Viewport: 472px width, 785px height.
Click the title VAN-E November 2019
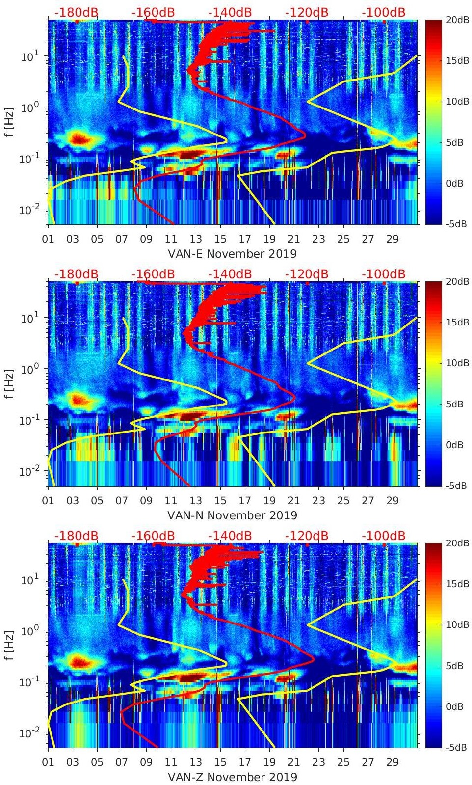pyautogui.click(x=232, y=253)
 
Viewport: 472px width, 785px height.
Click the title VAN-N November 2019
pyautogui.click(x=232, y=515)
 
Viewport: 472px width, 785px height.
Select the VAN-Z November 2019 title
pyautogui.click(x=232, y=777)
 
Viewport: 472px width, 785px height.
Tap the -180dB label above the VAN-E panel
pyautogui.click(x=76, y=12)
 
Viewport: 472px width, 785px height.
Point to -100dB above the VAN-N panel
pyautogui.click(x=384, y=274)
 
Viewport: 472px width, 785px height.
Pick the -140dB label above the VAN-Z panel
pyautogui.click(x=230, y=536)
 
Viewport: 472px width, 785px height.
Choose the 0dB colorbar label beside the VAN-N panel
pyautogui.click(x=454, y=445)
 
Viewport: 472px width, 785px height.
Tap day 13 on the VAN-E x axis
pyautogui.click(x=196, y=239)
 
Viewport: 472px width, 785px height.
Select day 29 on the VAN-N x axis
pyautogui.click(x=393, y=500)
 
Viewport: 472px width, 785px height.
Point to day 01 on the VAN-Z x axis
pyautogui.click(x=48, y=762)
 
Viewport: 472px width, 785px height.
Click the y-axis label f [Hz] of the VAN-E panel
pyautogui.click(x=9, y=122)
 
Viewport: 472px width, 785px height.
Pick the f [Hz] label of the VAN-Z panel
pyautogui.click(x=9, y=645)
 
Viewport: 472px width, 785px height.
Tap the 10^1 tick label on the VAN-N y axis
pyautogui.click(x=27, y=318)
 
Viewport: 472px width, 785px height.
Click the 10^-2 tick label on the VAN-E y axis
pyautogui.click(x=27, y=210)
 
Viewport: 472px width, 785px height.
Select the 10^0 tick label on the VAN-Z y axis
pyautogui.click(x=27, y=630)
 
